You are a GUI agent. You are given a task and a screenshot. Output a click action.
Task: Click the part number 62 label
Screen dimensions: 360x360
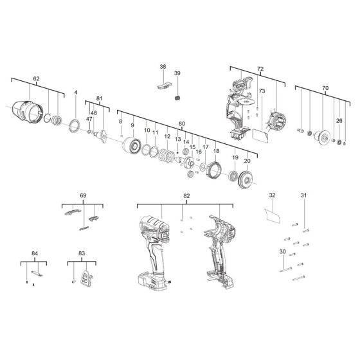click(36, 78)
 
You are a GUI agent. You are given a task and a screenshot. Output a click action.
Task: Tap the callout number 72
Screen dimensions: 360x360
click(260, 67)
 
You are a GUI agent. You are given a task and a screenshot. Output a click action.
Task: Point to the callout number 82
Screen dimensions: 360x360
click(186, 195)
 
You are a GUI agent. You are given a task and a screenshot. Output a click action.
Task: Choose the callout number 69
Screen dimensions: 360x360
click(83, 194)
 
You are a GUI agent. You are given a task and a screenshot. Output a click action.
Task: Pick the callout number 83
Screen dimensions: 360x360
click(82, 255)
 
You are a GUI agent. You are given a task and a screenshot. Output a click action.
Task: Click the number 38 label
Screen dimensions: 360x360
click(163, 67)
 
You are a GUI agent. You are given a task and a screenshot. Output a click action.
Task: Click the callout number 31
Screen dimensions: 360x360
click(304, 195)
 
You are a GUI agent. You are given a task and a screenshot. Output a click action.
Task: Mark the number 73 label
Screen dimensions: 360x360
click(262, 92)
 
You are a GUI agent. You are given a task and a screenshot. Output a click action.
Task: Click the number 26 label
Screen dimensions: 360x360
click(339, 121)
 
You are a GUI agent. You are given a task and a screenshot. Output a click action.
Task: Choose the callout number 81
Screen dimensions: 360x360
click(99, 98)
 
